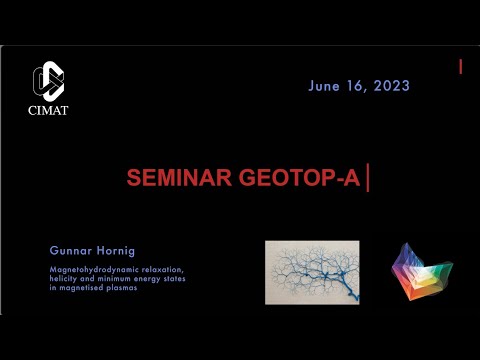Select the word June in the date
(325, 87)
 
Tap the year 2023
(389, 87)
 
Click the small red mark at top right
(461, 67)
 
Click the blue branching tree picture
(312, 272)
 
